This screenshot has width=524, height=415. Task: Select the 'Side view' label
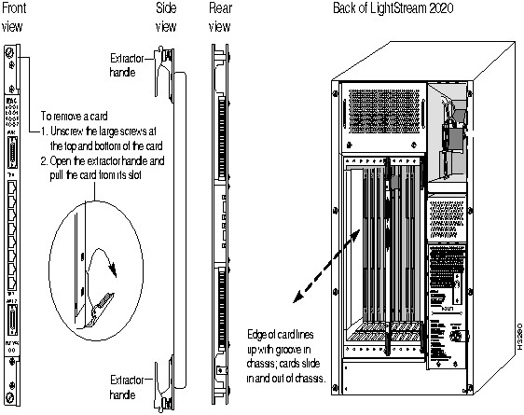click(165, 18)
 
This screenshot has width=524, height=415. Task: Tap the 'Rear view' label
click(217, 18)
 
